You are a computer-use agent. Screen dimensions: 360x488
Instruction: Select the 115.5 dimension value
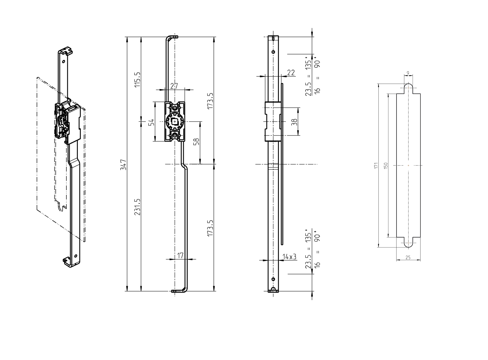[x=137, y=79]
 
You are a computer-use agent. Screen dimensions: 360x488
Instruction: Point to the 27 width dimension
[x=174, y=86]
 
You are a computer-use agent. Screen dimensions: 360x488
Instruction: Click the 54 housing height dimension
[x=151, y=122]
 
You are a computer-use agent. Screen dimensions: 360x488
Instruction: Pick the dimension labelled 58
[x=196, y=142]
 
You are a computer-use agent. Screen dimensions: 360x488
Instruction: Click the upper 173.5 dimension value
[x=210, y=101]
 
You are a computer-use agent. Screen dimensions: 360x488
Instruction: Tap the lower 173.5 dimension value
[x=210, y=228]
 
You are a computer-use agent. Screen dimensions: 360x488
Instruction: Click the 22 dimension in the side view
[x=291, y=73]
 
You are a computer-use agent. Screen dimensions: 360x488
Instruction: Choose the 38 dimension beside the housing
[x=294, y=122]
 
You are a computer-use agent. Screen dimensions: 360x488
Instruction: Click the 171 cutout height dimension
[x=376, y=165]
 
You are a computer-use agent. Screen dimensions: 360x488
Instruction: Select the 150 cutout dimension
[x=386, y=165]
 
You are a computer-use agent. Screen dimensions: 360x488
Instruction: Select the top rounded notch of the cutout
[x=408, y=88]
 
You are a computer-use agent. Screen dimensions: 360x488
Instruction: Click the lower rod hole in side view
[x=273, y=279]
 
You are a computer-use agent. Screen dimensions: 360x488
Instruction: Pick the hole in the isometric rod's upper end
[x=64, y=61]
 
